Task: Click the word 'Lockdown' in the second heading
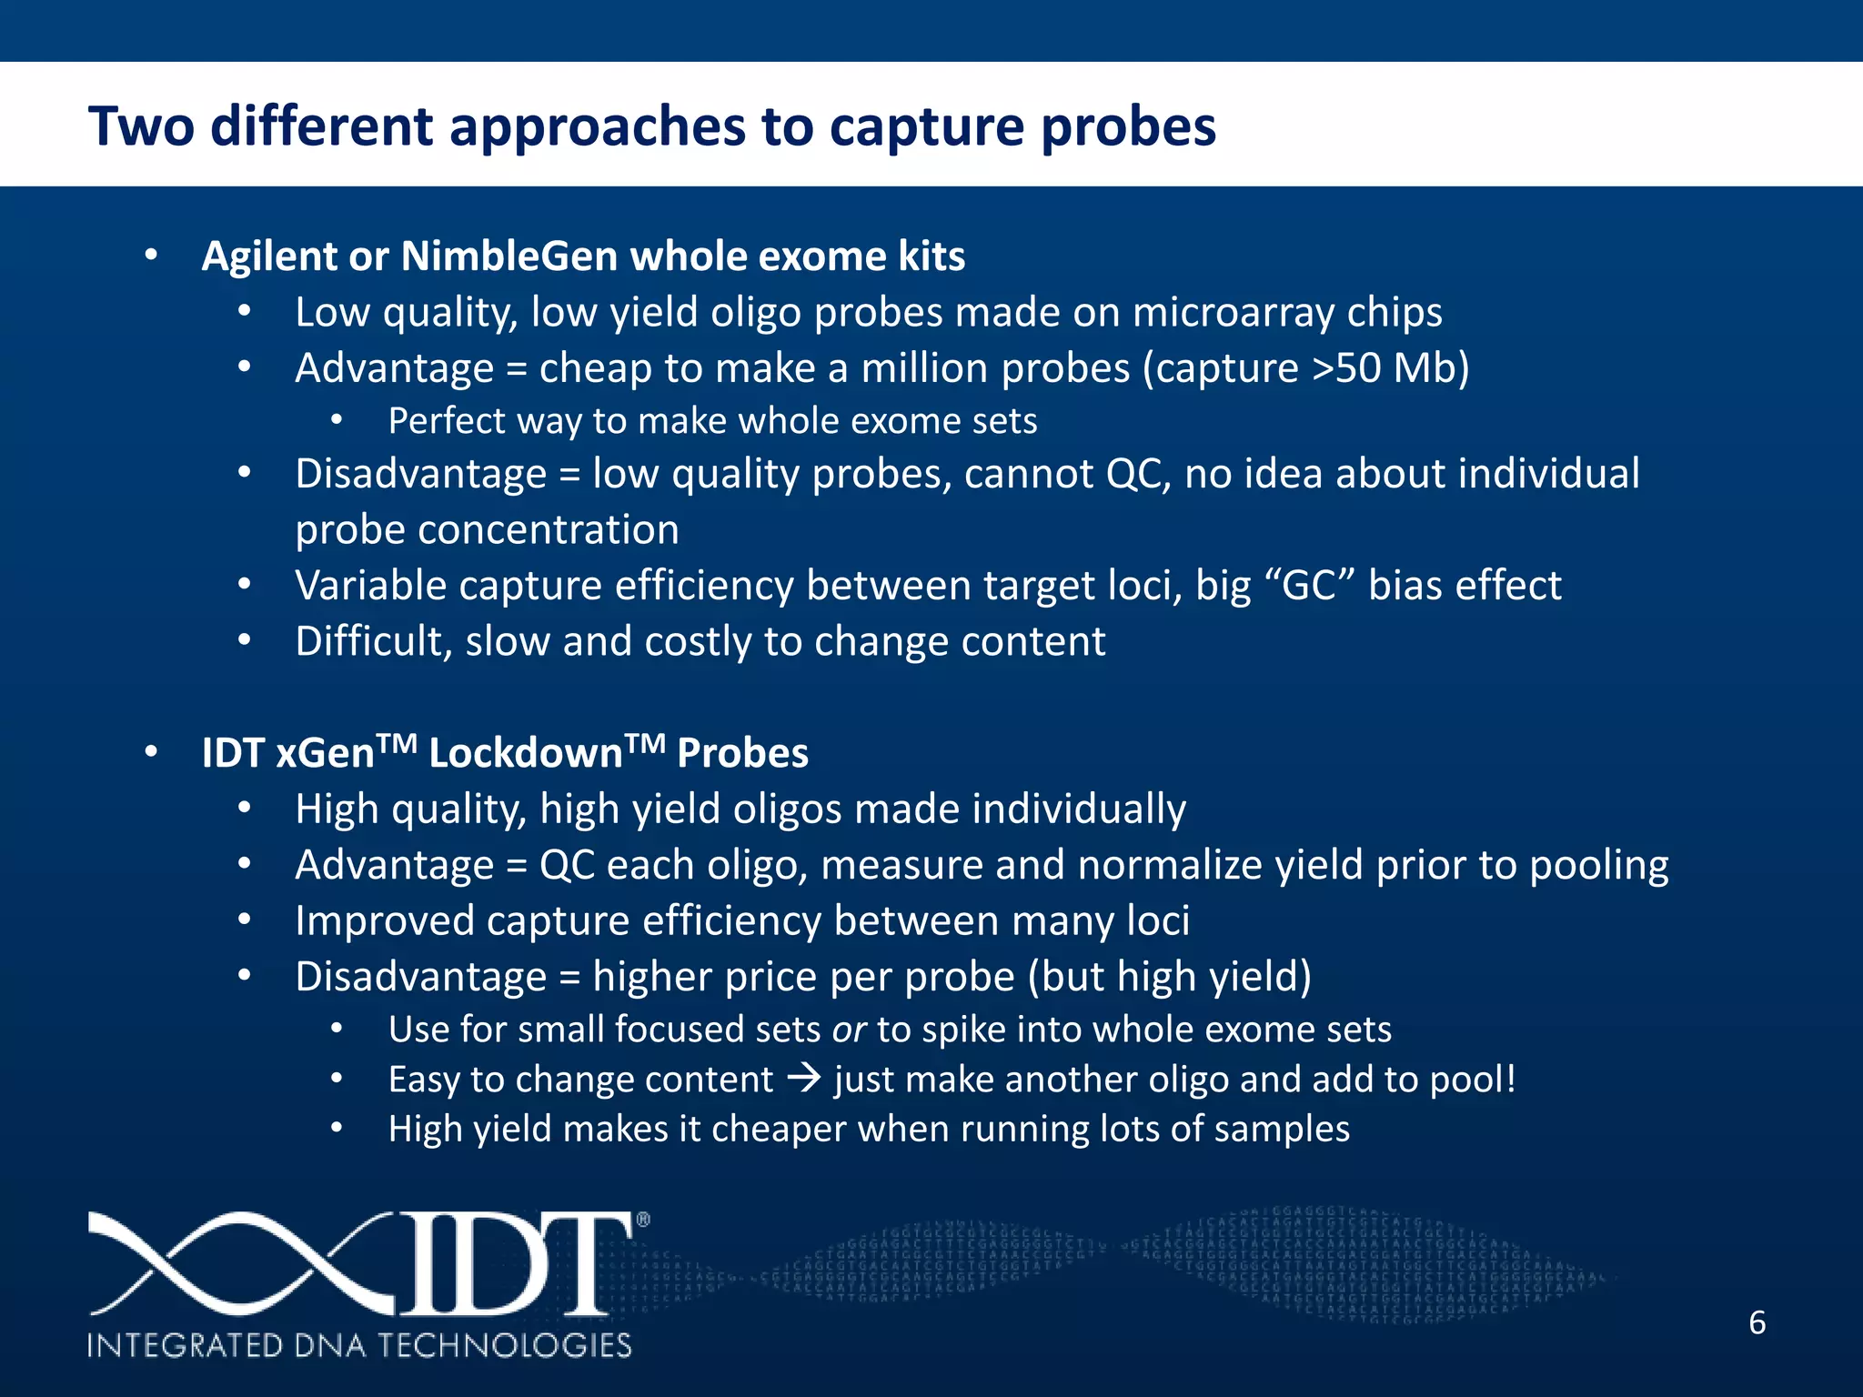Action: (x=525, y=754)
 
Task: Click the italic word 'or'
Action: (x=848, y=1030)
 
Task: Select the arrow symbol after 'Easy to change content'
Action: (x=803, y=1080)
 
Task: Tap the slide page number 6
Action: (x=1757, y=1322)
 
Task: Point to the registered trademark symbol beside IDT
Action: (x=643, y=1221)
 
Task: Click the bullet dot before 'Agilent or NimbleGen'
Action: (x=151, y=256)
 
